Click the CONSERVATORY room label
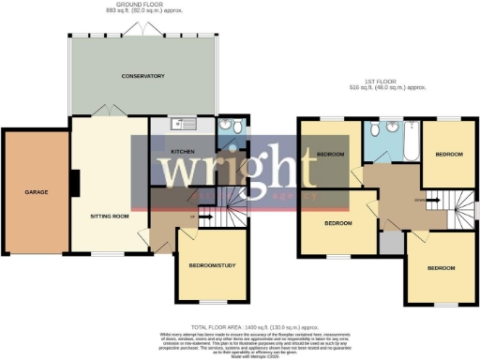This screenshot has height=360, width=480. [x=142, y=76]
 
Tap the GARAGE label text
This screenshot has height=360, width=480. [x=37, y=192]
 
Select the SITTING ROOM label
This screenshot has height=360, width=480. [x=110, y=215]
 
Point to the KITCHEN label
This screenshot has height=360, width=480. [x=180, y=151]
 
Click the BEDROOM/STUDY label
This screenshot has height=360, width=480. [x=210, y=267]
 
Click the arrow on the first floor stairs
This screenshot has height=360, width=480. [x=429, y=200]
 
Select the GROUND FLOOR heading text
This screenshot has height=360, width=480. [x=143, y=6]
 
